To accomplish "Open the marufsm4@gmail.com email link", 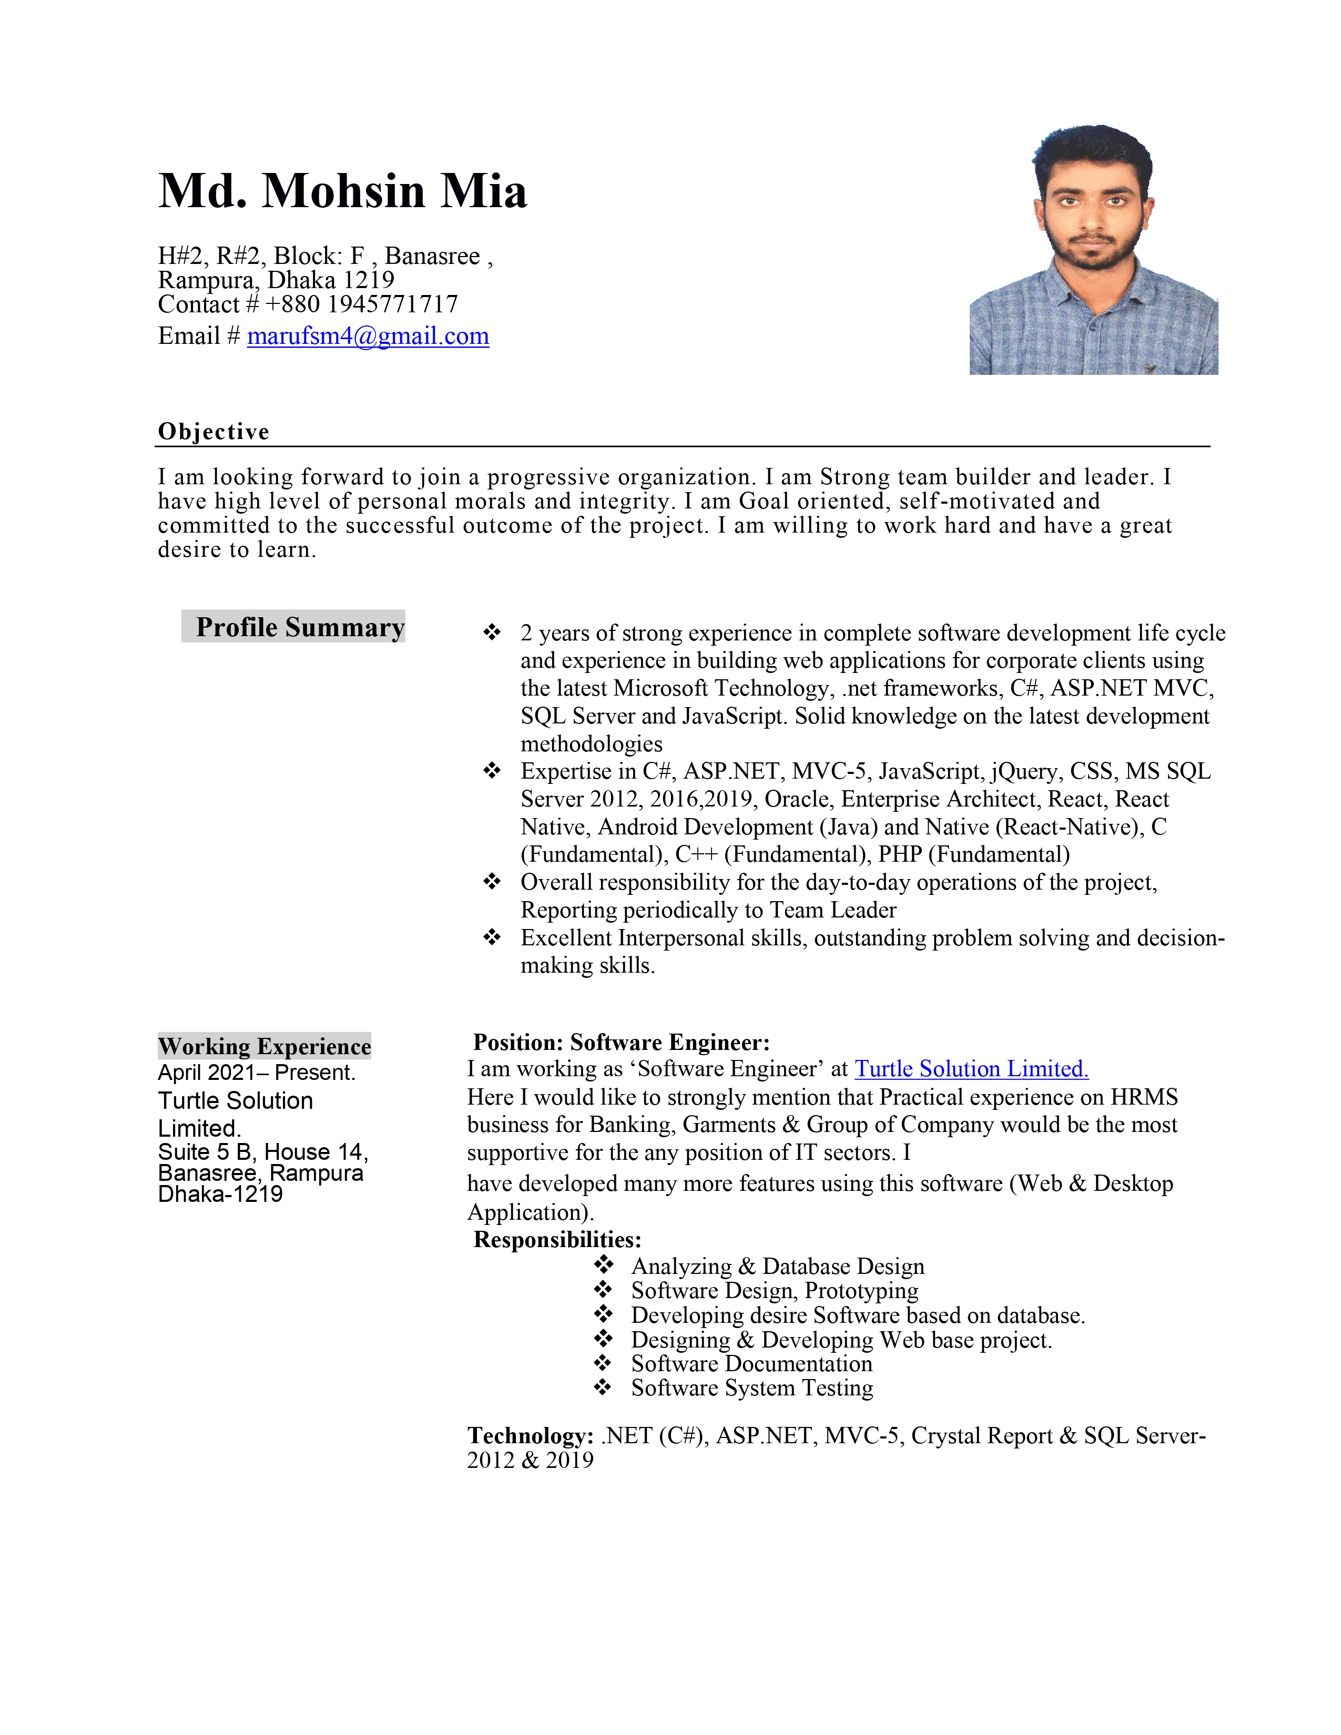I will tap(368, 336).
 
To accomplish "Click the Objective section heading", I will tap(214, 431).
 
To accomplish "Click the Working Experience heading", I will tap(265, 1046).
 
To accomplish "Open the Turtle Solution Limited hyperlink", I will tap(971, 1069).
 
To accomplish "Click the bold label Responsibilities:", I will tap(557, 1240).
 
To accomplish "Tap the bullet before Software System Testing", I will tap(604, 1387).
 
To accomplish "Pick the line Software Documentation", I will tap(751, 1364).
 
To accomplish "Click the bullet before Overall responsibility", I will tap(493, 882).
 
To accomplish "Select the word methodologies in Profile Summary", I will tap(591, 744).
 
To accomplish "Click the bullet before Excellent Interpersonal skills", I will tap(493, 938).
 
